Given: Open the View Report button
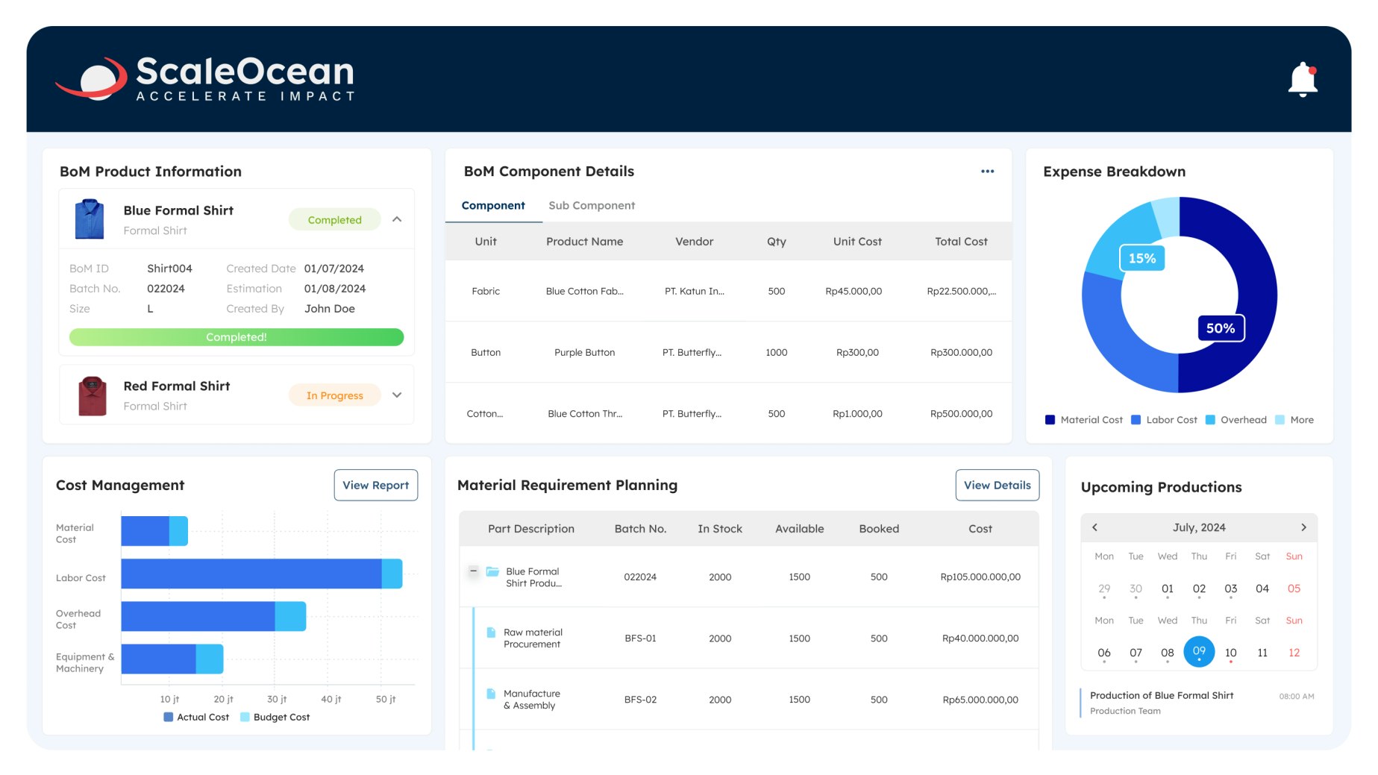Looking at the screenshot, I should tap(375, 485).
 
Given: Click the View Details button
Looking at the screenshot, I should tap(997, 485).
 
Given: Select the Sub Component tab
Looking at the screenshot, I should tap(592, 205).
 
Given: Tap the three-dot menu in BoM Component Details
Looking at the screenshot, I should tap(987, 172).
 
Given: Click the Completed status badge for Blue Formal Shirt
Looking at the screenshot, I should tap(334, 220).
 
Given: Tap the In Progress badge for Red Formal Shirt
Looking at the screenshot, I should tap(334, 395).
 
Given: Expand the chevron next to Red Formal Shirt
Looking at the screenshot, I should tap(397, 395).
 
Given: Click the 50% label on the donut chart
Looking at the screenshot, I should tap(1221, 328).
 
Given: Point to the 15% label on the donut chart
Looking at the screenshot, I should tap(1141, 258).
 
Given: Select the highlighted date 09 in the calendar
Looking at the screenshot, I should tap(1199, 651).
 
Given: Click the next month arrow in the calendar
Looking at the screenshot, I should tap(1303, 527).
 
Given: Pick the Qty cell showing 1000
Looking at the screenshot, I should tap(776, 352).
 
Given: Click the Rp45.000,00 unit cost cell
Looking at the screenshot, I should tap(854, 291).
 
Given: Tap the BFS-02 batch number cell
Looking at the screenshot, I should tap(640, 700).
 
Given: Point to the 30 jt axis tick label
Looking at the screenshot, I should tap(277, 699).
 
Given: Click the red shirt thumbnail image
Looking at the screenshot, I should tap(93, 395).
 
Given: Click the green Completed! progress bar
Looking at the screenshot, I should tap(236, 337).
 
